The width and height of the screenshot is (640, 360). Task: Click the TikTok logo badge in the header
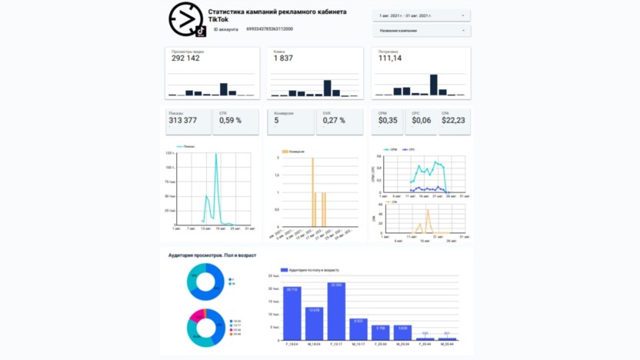coord(200,31)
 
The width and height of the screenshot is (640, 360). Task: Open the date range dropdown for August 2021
coord(422,15)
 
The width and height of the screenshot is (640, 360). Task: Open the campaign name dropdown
coord(422,31)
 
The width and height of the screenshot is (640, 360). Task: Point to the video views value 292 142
coord(185,58)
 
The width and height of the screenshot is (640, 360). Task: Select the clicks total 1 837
coord(283,58)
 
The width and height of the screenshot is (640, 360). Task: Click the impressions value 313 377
coord(183,120)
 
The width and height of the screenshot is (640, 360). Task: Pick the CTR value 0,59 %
coord(230,120)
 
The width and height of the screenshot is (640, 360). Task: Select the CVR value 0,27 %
coord(334,120)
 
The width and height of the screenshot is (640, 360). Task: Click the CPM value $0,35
coord(388,120)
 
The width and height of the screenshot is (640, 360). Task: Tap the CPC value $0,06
coord(422,120)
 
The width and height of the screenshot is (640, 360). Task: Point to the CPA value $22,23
coord(453,120)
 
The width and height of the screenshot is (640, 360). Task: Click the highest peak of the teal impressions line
coord(215,155)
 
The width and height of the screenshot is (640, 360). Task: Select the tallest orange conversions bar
coord(313,192)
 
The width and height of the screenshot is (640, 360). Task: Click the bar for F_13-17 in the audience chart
coord(336,312)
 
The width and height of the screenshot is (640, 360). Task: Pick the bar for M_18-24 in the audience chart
coord(314,323)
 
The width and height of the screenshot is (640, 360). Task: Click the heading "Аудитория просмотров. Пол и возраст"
coord(212,255)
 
